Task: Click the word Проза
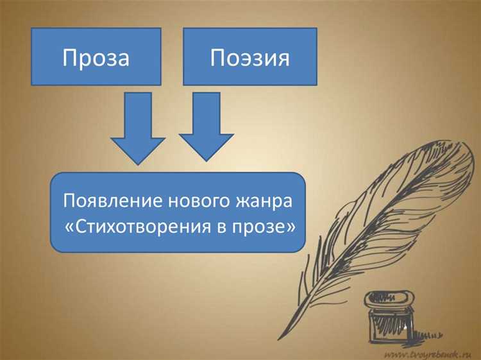click(x=96, y=58)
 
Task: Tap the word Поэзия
click(x=250, y=58)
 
